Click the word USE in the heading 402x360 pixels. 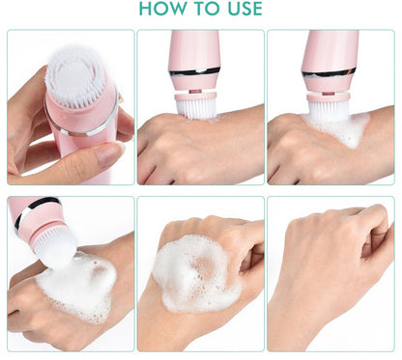(244, 9)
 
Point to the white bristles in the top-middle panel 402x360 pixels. (196, 108)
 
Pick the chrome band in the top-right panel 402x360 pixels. (329, 73)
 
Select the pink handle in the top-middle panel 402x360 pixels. (194, 48)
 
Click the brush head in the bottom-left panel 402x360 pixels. (56, 248)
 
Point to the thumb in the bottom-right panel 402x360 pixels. (375, 248)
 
